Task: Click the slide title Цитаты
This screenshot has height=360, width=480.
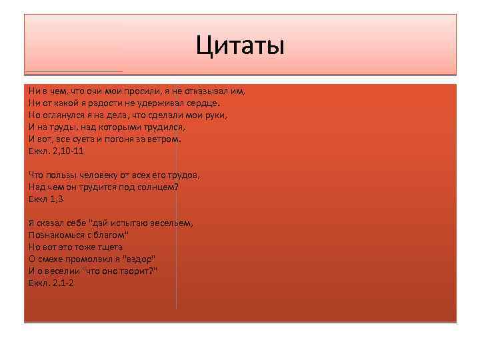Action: point(240,46)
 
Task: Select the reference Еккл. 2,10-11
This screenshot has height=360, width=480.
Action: point(56,151)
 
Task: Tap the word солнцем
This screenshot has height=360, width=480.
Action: point(157,187)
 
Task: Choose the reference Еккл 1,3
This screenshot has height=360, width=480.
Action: point(45,199)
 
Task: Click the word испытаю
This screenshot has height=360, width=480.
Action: point(133,223)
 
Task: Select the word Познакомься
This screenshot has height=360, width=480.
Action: point(57,235)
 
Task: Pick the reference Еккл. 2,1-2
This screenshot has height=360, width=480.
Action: point(51,283)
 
